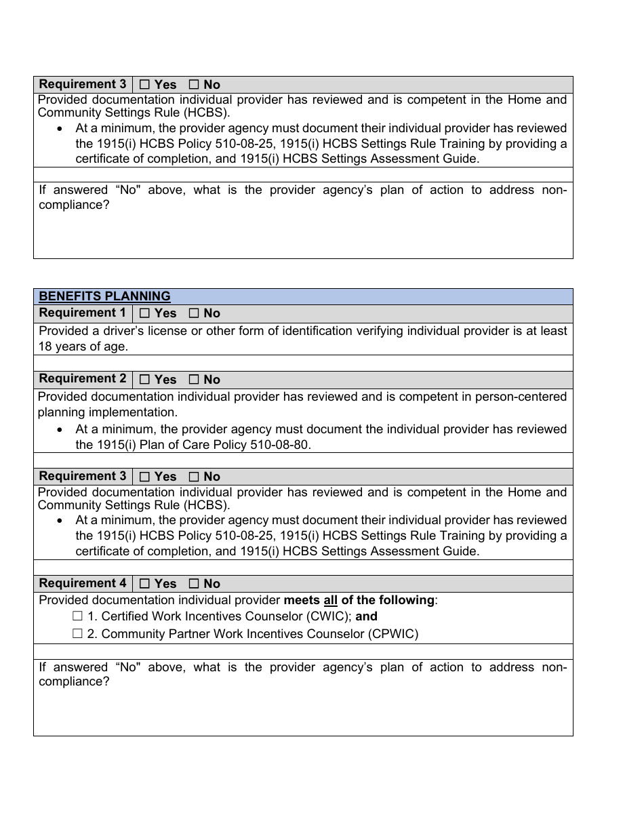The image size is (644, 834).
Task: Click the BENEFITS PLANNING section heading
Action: click(104, 296)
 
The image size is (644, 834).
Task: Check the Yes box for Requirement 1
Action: click(144, 313)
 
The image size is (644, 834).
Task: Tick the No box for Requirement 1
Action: click(194, 313)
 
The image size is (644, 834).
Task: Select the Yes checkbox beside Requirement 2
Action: click(144, 380)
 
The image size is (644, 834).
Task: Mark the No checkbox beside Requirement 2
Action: click(194, 380)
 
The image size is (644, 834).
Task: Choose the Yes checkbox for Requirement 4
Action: click(144, 584)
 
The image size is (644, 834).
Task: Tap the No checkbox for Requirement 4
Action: click(194, 584)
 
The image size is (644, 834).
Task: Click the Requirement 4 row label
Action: click(83, 583)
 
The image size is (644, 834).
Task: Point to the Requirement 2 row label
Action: click(83, 379)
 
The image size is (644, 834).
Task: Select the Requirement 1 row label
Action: click(83, 313)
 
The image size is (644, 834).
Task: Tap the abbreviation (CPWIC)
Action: click(394, 634)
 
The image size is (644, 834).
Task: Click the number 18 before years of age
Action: click(45, 346)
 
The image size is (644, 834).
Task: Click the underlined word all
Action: click(331, 600)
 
